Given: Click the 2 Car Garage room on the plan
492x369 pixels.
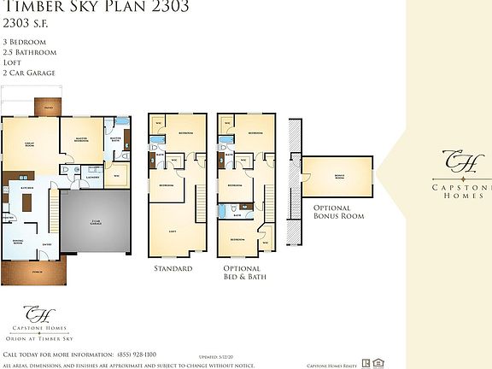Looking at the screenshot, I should (95, 224).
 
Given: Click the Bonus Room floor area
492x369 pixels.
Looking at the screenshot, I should (338, 177).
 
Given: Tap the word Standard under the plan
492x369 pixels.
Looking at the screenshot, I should (172, 268).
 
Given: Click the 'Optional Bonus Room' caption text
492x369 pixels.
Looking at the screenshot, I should (339, 212).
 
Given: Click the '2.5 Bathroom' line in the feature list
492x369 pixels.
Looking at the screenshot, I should (30, 52).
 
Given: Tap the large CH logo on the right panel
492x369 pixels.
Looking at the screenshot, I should (454, 161).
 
